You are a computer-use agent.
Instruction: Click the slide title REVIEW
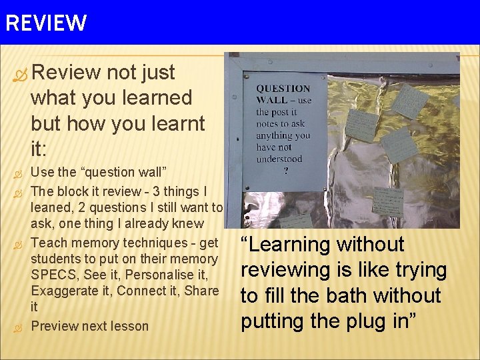(x=45, y=23)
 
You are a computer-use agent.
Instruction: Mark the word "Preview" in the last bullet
(x=54, y=326)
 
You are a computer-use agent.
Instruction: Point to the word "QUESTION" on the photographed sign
(x=283, y=89)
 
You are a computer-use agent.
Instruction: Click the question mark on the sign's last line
(x=285, y=170)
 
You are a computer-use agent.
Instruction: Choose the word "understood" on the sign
(x=279, y=159)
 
